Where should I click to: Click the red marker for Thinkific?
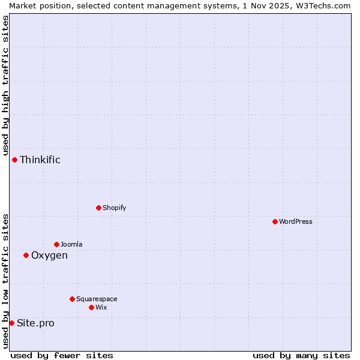(x=14, y=160)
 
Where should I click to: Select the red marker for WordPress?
(x=275, y=221)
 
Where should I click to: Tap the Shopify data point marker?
(x=98, y=208)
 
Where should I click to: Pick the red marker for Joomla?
(x=56, y=244)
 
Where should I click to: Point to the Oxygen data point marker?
(x=26, y=255)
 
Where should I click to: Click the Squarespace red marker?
(x=72, y=299)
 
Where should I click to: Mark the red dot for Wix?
(x=91, y=307)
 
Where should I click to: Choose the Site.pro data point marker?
(x=11, y=323)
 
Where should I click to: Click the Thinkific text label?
(x=40, y=160)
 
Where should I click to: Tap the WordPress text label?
(x=296, y=221)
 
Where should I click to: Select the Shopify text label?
(x=114, y=208)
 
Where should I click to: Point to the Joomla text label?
(x=71, y=244)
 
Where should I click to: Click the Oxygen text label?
(x=49, y=255)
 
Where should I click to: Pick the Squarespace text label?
(x=97, y=299)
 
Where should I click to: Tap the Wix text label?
(x=101, y=307)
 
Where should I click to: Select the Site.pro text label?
(x=35, y=323)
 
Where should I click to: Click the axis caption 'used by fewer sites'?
(x=62, y=355)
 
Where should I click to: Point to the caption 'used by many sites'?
(x=301, y=355)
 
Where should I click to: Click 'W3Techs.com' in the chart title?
(x=322, y=5)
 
